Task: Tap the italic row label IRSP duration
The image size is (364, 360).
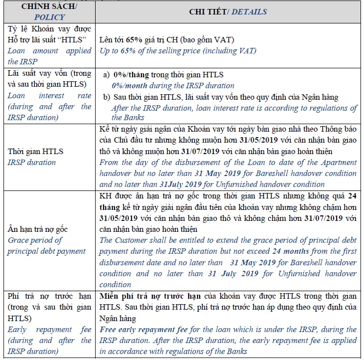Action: click(x=31, y=162)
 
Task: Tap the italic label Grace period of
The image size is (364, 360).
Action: click(x=35, y=240)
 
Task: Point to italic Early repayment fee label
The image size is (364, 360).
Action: click(x=49, y=330)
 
